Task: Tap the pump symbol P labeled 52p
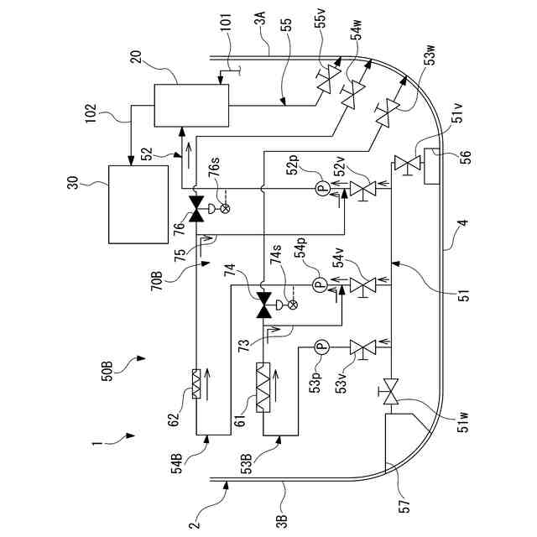coord(322,188)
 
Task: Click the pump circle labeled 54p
coord(321,284)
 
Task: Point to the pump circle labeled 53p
coord(321,347)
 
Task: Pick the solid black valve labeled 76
coord(197,209)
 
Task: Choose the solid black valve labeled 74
coord(264,305)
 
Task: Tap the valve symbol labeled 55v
coord(328,78)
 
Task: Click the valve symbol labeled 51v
coord(407,163)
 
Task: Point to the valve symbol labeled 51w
coord(390,391)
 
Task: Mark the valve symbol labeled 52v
coord(363,189)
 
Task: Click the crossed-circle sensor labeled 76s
coord(225,208)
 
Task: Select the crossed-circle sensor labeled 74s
coord(293,305)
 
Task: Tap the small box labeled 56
coord(431,166)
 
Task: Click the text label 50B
coord(107,371)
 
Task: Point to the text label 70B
coord(157,281)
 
